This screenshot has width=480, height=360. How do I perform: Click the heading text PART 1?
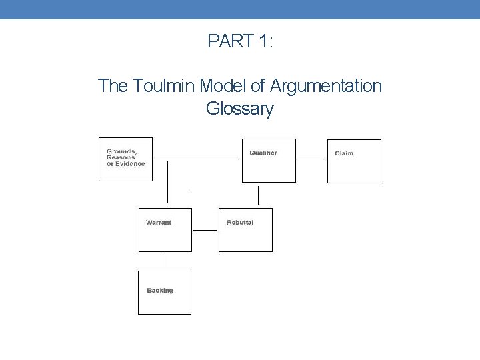[240, 41]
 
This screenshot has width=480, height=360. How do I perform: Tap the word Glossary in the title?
[240, 108]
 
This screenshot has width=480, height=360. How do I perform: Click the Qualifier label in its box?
[263, 153]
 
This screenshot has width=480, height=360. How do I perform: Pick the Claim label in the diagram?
[344, 154]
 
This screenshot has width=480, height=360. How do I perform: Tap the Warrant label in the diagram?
[159, 223]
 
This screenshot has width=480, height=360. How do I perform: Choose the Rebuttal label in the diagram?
[240, 222]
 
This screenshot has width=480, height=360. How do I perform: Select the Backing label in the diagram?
[160, 291]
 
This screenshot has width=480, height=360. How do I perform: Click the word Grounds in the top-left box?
[121, 151]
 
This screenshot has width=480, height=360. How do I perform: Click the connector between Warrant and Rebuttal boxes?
[205, 231]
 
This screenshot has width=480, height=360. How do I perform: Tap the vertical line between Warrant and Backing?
[165, 260]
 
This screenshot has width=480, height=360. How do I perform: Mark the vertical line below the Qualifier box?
[258, 195]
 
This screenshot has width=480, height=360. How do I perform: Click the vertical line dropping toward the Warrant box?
[167, 181]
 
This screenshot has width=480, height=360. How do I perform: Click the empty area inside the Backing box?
[164, 304]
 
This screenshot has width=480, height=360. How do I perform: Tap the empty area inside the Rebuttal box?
[245, 238]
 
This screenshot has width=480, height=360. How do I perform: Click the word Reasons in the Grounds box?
[121, 157]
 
